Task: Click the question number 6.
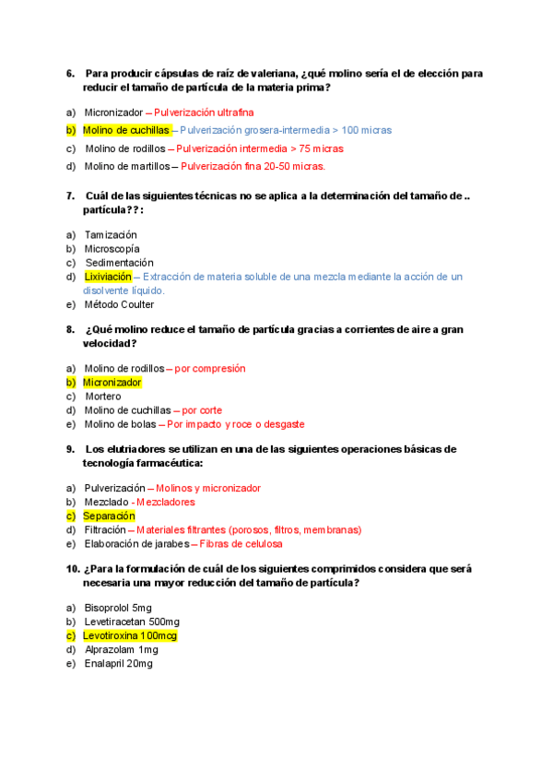(x=70, y=73)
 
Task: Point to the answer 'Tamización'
(x=111, y=235)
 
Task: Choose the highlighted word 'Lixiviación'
(x=108, y=277)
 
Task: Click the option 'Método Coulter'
(x=119, y=304)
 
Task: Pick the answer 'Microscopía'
(x=112, y=249)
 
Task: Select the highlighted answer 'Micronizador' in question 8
(x=112, y=382)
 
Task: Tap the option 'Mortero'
(x=102, y=397)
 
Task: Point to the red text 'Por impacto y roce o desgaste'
(x=235, y=424)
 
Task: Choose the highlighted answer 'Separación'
(x=109, y=516)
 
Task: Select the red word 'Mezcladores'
(x=166, y=503)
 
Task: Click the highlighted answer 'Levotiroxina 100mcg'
(x=130, y=636)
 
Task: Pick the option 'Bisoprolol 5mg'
(x=118, y=608)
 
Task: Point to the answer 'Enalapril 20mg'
(x=118, y=664)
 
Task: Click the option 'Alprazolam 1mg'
(x=121, y=650)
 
